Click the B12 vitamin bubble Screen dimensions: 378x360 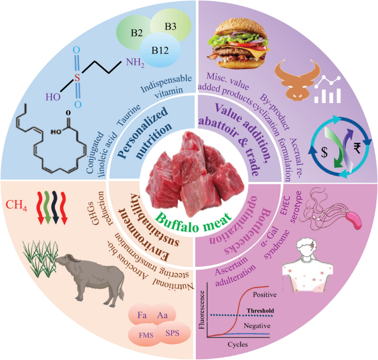coord(160,50)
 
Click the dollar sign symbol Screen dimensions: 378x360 coord(324,152)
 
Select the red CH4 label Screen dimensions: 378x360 coord(16,205)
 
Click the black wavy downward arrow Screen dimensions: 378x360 coord(55,208)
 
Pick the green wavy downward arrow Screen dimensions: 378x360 coord(47,208)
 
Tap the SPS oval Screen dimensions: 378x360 coord(173,334)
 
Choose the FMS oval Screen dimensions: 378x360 coord(145,335)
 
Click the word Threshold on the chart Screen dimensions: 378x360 coord(260,310)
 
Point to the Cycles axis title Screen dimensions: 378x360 coord(238,345)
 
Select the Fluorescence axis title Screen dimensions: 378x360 coord(201,310)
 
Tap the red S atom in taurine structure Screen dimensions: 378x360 coord(77,78)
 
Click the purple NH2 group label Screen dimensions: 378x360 coord(135,63)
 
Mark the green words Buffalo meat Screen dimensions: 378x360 coord(193,221)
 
